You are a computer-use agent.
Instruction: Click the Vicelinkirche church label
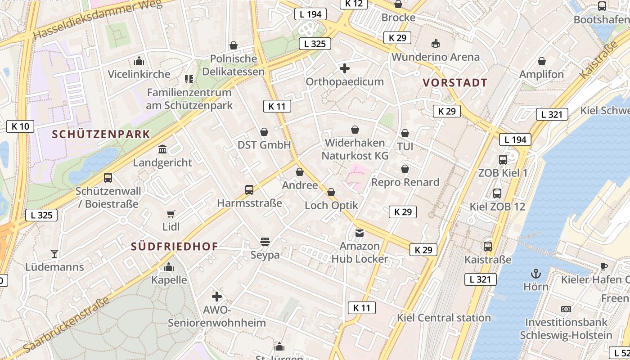[139, 74]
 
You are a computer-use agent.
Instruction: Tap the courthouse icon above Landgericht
[162, 149]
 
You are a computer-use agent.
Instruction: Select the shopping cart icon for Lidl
[171, 214]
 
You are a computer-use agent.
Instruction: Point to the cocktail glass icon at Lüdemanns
[54, 254]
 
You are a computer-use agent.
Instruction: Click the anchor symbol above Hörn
[536, 273]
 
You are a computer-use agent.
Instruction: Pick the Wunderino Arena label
[436, 57]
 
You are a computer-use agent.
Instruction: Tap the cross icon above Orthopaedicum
[345, 68]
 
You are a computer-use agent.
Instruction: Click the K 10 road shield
[21, 126]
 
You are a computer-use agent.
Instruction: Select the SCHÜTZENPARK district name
[101, 134]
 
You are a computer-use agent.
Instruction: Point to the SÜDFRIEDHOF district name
[175, 246]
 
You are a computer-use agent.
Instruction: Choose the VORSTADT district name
[455, 83]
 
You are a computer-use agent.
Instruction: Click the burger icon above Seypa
[265, 242]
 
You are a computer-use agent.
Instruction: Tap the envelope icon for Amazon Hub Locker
[360, 233]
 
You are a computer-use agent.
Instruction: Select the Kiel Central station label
[444, 318]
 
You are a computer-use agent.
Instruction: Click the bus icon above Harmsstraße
[249, 190]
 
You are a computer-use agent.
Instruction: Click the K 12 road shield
[354, 4]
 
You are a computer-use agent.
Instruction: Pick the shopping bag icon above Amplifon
[542, 61]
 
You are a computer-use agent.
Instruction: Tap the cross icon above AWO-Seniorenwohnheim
[217, 297]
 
